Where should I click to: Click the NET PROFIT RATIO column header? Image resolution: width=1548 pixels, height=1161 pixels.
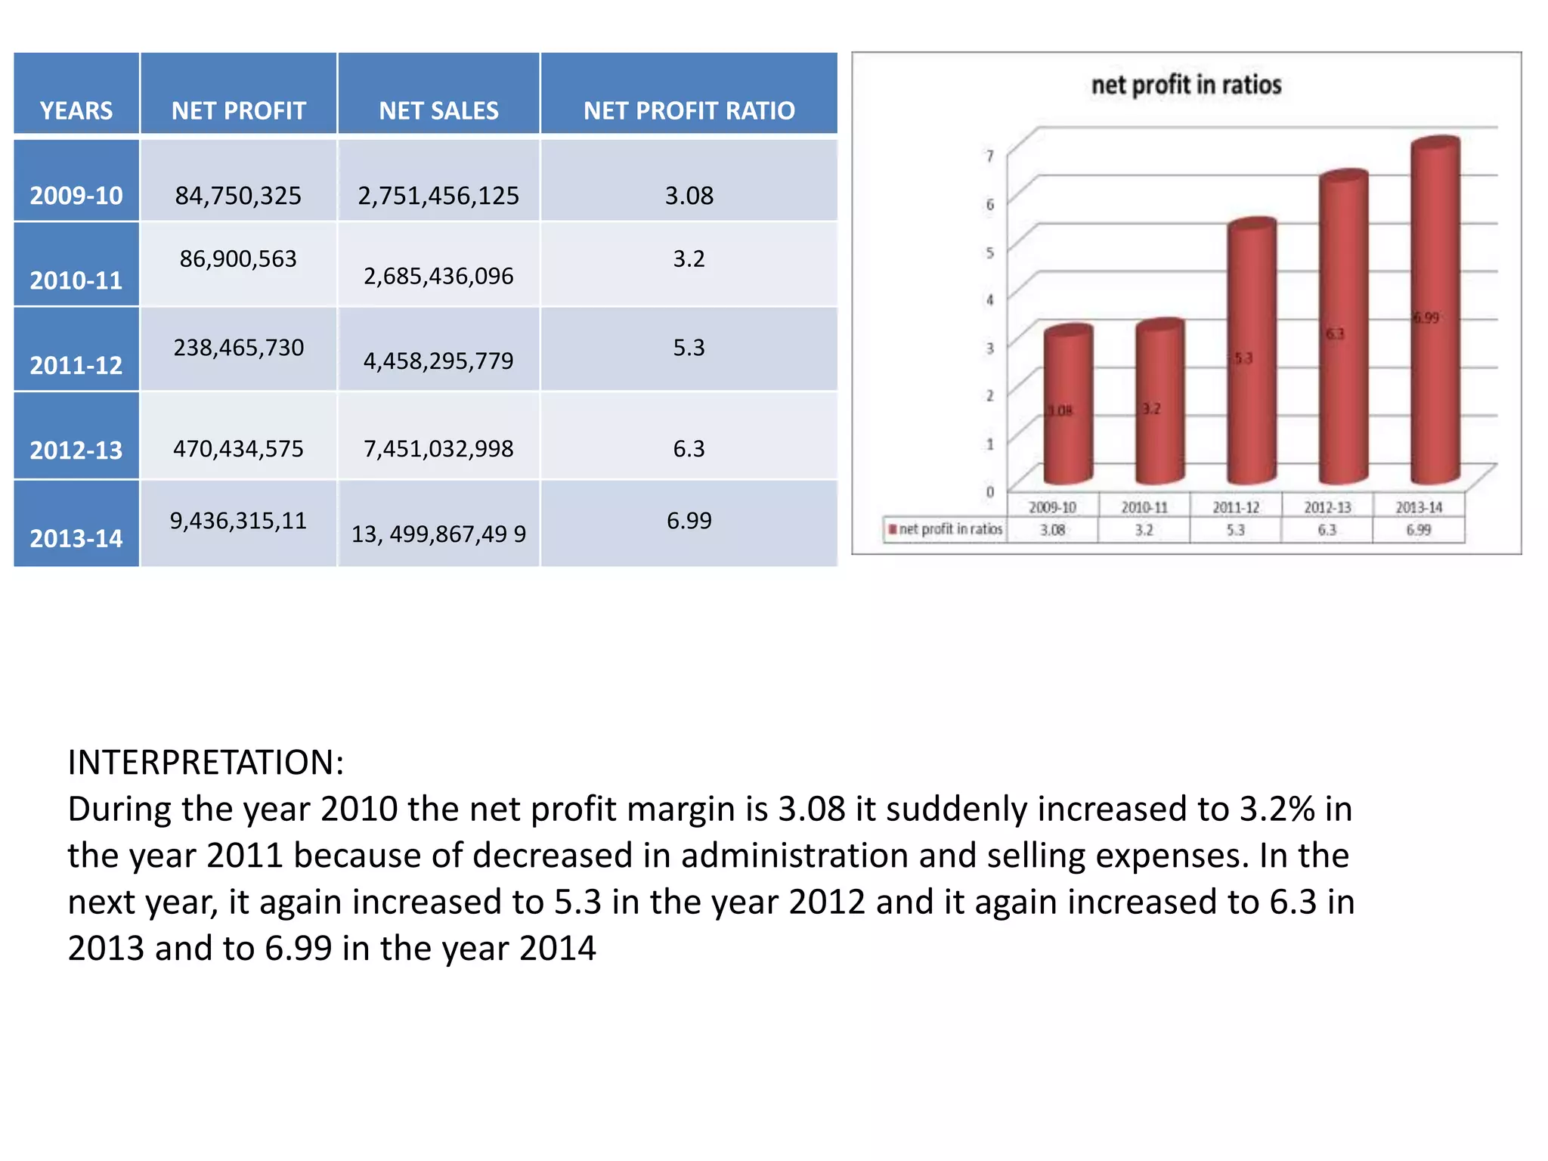click(x=689, y=110)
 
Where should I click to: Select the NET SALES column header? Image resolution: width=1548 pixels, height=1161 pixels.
click(x=438, y=110)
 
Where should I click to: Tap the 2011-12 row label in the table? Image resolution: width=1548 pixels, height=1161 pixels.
click(x=76, y=365)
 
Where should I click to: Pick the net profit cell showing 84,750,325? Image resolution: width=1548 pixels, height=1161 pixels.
click(x=238, y=196)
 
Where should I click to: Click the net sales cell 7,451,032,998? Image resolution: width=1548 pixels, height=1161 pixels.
click(x=438, y=448)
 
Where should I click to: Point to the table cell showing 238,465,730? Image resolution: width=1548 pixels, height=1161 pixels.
click(x=238, y=347)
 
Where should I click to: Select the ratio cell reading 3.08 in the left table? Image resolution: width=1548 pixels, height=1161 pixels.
click(x=689, y=196)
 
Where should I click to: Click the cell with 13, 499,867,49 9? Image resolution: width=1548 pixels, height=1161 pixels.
click(x=438, y=534)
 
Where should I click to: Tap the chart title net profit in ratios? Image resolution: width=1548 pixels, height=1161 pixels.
click(x=1186, y=85)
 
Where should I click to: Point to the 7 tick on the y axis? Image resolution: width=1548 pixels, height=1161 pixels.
click(x=989, y=156)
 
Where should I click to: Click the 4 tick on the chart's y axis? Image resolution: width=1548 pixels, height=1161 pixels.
click(x=989, y=300)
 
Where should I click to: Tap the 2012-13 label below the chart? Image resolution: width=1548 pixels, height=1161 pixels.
click(x=1327, y=507)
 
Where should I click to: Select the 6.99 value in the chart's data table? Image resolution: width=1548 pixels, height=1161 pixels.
click(x=1418, y=530)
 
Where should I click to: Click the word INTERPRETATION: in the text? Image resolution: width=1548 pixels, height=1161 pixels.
click(x=206, y=762)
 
